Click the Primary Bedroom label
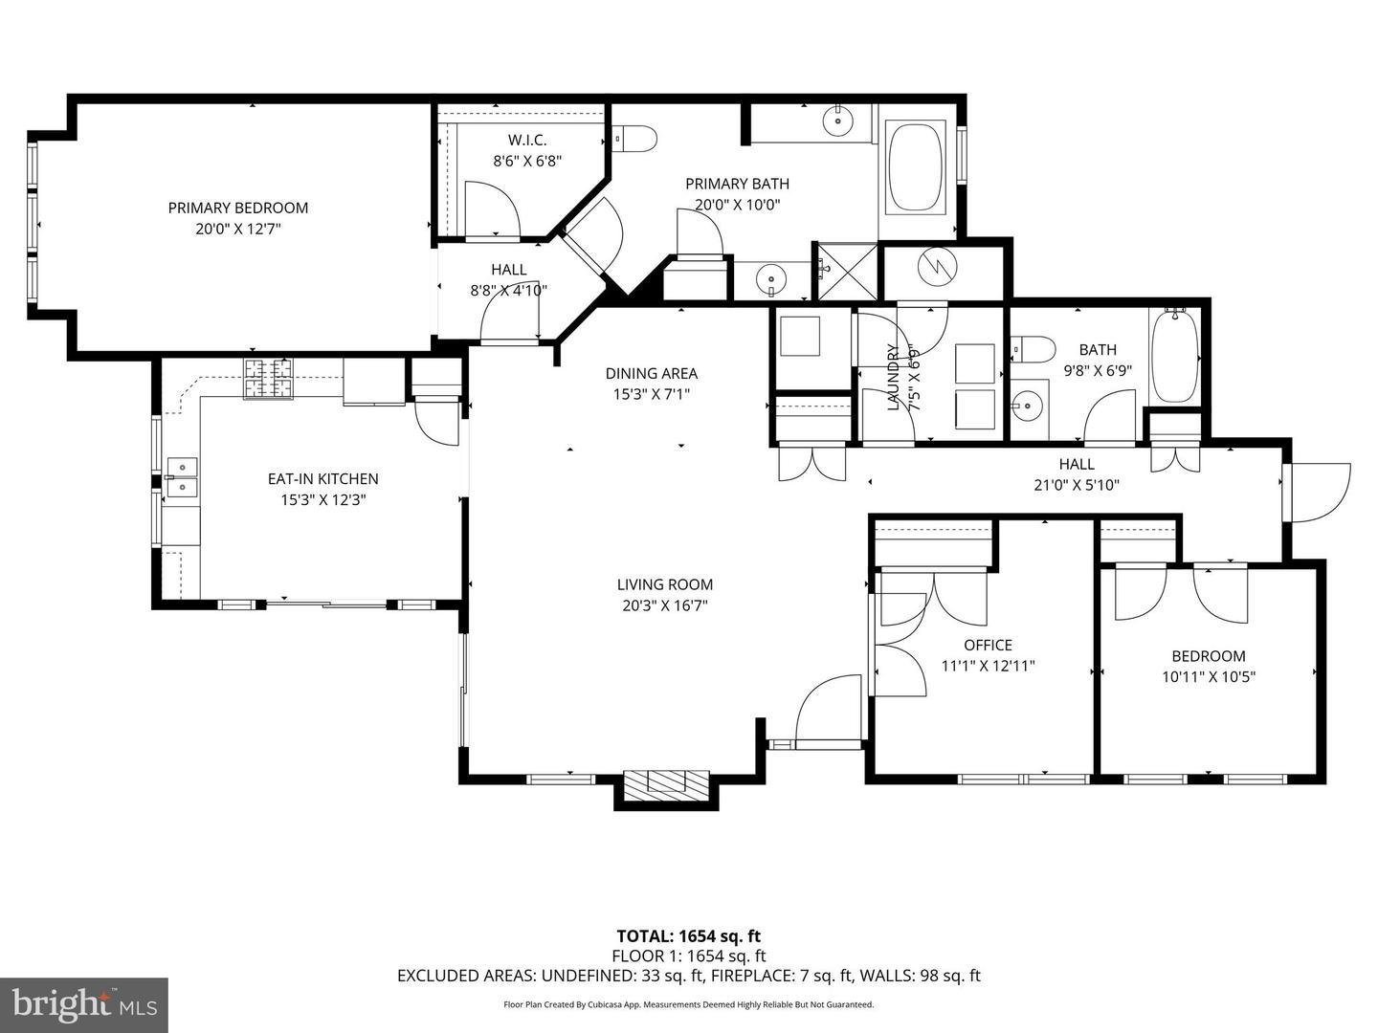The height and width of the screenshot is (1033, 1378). pyautogui.click(x=238, y=208)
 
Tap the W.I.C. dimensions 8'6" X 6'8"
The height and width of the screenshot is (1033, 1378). pyautogui.click(x=527, y=162)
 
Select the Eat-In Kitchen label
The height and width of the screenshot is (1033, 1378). pyautogui.click(x=323, y=478)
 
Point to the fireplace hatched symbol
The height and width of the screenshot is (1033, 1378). pyautogui.click(x=665, y=784)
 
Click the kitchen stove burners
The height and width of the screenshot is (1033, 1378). pyautogui.click(x=268, y=378)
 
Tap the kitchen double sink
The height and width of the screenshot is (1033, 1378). pyautogui.click(x=182, y=477)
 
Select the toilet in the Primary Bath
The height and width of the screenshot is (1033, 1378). pyautogui.click(x=634, y=138)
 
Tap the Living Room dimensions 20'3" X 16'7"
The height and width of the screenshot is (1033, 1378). pyautogui.click(x=665, y=605)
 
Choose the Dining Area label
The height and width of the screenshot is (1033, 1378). pyautogui.click(x=651, y=373)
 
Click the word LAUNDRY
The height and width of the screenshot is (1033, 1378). pyautogui.click(x=894, y=377)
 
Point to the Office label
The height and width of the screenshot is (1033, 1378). pyautogui.click(x=989, y=645)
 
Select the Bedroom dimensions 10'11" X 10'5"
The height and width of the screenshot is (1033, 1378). pyautogui.click(x=1209, y=677)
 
